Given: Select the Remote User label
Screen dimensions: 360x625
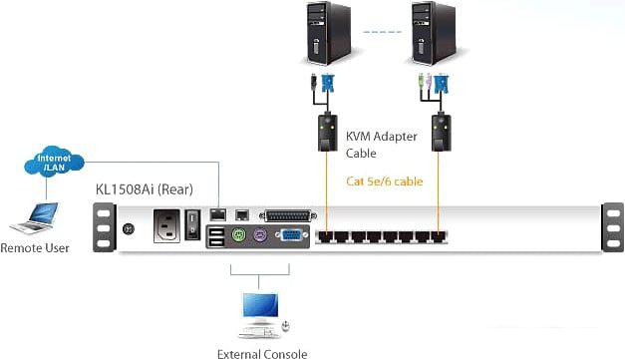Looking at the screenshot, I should point(35,247).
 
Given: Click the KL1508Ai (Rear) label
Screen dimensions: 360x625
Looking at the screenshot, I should point(144,188).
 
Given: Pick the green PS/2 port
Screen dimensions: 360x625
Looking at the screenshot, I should point(239,238).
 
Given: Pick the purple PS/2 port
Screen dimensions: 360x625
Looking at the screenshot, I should point(261,238).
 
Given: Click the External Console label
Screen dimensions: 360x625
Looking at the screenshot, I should point(262,353).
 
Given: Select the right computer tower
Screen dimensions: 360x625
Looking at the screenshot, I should point(436,34).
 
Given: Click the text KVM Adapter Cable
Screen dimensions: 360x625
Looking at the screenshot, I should point(378,146).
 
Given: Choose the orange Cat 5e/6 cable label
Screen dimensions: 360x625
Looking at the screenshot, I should point(385,181).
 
